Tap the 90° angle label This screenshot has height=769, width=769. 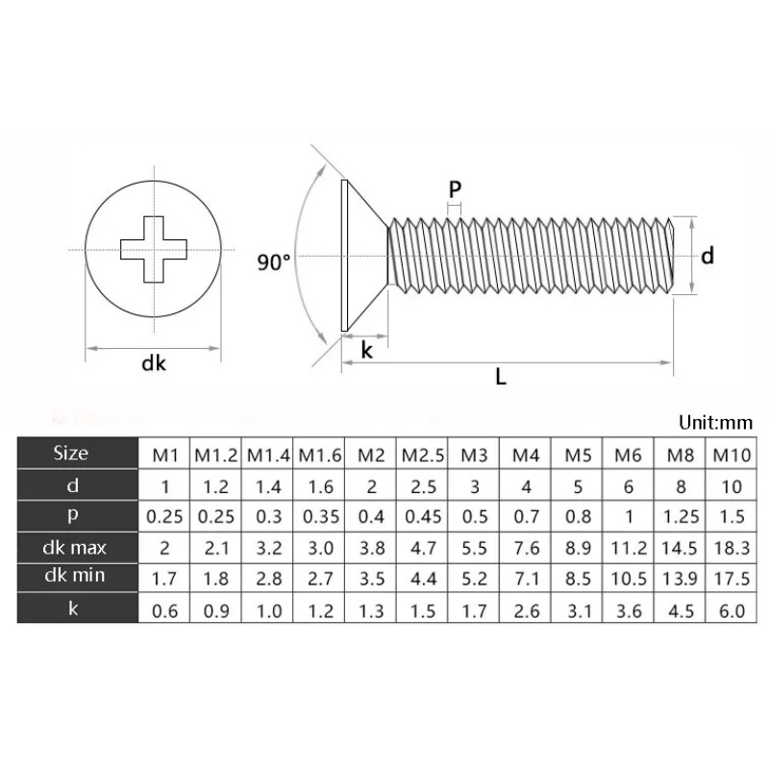click(x=274, y=261)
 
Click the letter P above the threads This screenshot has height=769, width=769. click(x=455, y=189)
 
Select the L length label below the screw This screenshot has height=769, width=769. click(x=501, y=377)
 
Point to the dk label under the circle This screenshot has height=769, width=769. click(x=154, y=363)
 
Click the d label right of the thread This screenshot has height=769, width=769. click(x=707, y=256)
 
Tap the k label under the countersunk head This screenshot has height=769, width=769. click(x=366, y=351)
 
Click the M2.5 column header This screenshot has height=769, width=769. click(x=419, y=455)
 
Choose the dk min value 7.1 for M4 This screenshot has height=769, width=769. click(x=524, y=579)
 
